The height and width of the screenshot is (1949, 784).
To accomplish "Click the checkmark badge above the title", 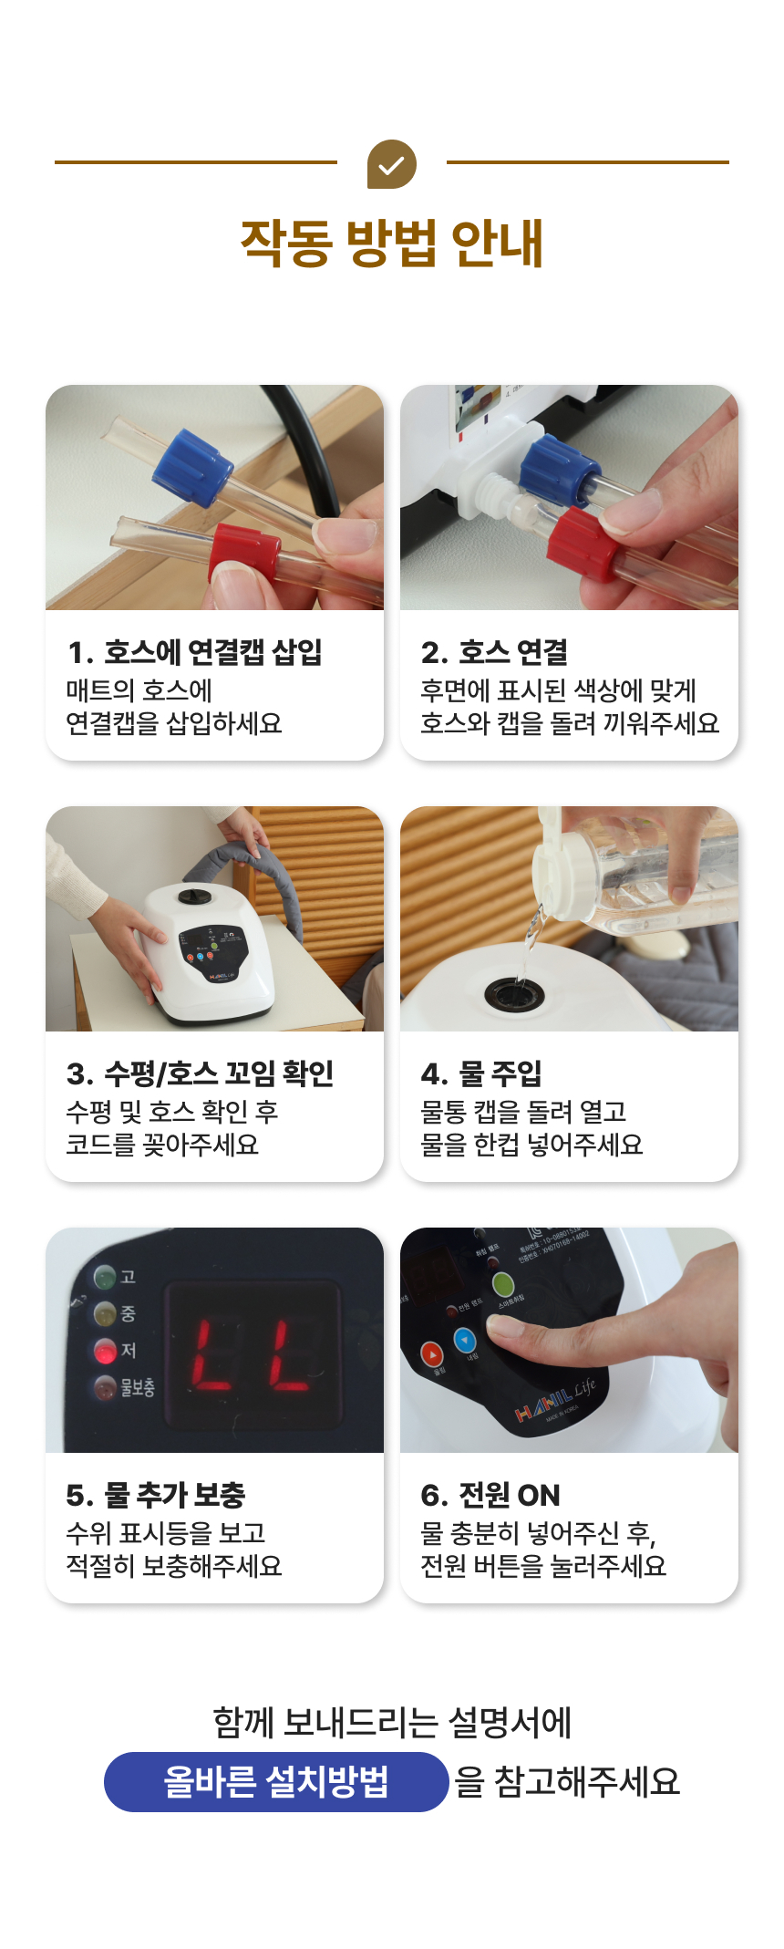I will point(392,164).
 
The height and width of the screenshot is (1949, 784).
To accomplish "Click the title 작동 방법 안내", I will point(392,244).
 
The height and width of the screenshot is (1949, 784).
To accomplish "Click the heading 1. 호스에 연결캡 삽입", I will point(194,652).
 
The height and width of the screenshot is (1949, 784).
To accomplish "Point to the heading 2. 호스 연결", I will point(494,652).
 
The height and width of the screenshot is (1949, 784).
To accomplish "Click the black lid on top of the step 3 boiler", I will point(194,897).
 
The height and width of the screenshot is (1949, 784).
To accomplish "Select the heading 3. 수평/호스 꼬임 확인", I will point(200,1073).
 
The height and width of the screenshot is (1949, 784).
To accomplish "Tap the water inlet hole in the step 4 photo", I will point(515,993).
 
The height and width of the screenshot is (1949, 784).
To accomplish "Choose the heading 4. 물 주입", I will point(481,1073).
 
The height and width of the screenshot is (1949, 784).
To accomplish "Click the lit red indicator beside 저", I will point(106,1351).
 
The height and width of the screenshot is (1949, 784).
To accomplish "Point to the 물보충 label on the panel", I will point(137,1388).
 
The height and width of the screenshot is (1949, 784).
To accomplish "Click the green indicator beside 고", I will point(105,1276).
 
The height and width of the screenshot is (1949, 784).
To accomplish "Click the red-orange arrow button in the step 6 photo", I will point(431,1354).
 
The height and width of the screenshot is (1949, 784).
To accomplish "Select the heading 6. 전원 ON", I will point(490,1495).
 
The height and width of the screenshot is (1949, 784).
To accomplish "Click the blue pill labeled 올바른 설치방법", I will point(276,1781).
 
